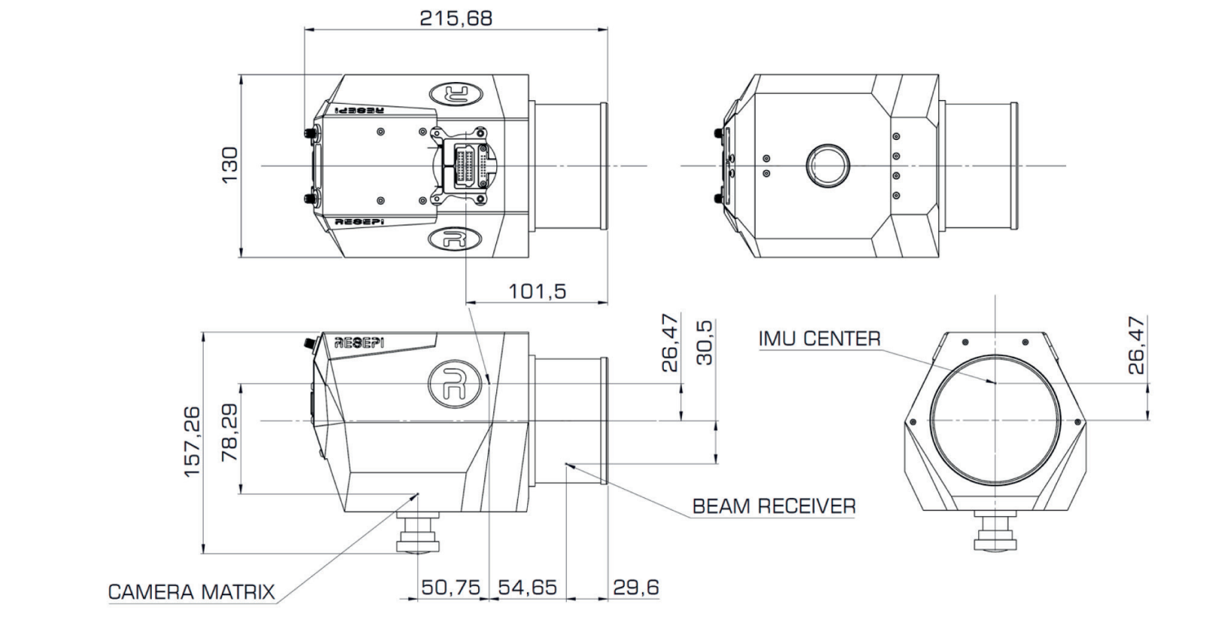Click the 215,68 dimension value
(x=456, y=17)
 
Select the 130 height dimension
(x=229, y=163)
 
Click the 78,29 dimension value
(x=229, y=433)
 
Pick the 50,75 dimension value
(x=450, y=587)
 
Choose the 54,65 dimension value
(x=527, y=587)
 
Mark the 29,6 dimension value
(x=635, y=587)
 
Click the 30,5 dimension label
(x=704, y=343)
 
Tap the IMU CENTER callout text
(x=819, y=339)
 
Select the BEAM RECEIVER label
(x=774, y=506)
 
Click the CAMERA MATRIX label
(x=192, y=592)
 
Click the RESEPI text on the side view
(x=359, y=342)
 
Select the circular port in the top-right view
(x=828, y=166)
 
